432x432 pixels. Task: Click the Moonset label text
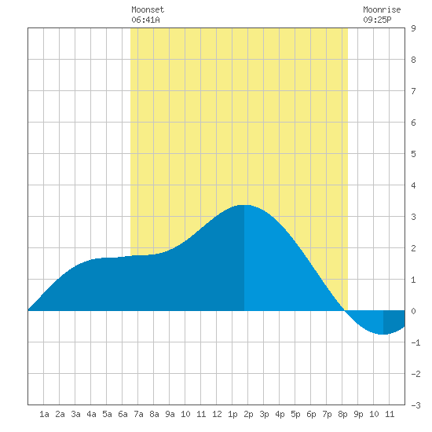pos(148,9)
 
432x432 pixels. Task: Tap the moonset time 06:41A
pos(145,20)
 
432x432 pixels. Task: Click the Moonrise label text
pos(382,9)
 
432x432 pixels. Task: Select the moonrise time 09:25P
pos(377,20)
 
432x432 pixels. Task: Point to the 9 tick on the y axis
pos(413,28)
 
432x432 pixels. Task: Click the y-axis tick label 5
pos(413,154)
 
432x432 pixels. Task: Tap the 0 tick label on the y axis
pos(413,311)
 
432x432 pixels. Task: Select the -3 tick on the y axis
pos(416,405)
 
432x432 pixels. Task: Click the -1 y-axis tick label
pos(416,342)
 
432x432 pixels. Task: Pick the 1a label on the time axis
pos(44,414)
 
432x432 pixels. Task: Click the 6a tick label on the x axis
pos(123,414)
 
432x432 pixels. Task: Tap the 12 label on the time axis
pos(217,414)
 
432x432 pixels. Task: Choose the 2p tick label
pos(248,414)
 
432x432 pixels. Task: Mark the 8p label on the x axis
pos(342,414)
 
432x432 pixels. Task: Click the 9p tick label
pos(358,414)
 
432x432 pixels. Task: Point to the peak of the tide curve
pos(244,205)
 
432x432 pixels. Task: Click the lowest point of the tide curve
pos(383,334)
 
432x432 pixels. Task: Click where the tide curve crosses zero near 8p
pos(344,310)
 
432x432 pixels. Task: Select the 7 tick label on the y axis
pos(413,91)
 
